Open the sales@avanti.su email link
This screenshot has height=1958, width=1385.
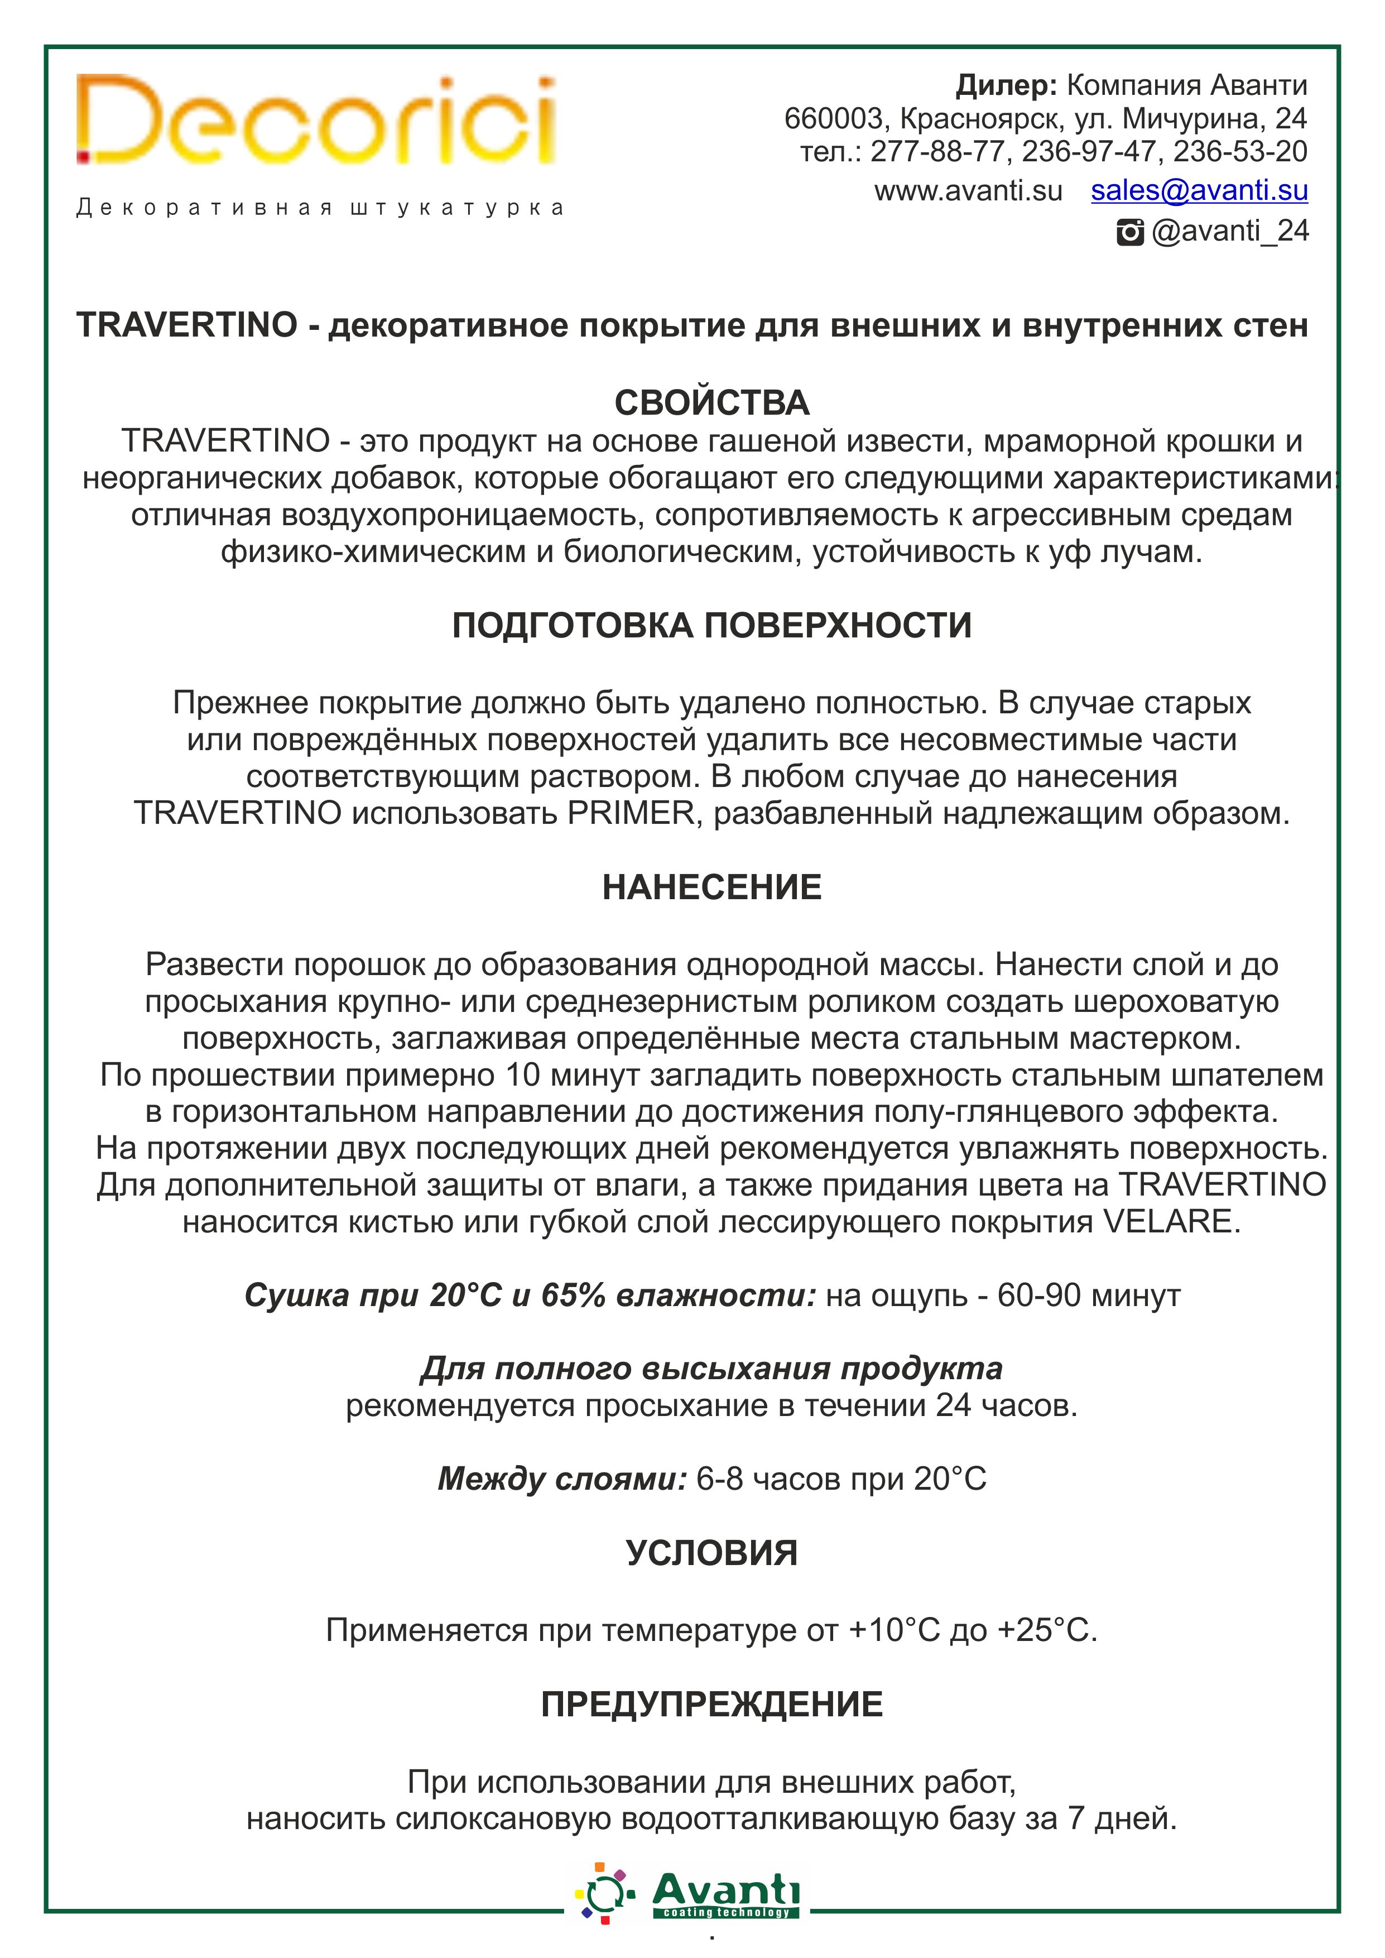1199,190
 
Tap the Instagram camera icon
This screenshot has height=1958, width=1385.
1130,232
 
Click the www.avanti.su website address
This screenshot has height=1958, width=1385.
968,191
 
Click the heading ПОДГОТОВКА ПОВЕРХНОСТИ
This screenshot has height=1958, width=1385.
711,626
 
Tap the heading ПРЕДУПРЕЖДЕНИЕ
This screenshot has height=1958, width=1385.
711,1704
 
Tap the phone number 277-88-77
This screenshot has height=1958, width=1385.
938,152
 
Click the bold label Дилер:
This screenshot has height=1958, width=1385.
1006,85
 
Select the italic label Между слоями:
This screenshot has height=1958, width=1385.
562,1479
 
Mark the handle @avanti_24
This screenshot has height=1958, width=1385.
1230,231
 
